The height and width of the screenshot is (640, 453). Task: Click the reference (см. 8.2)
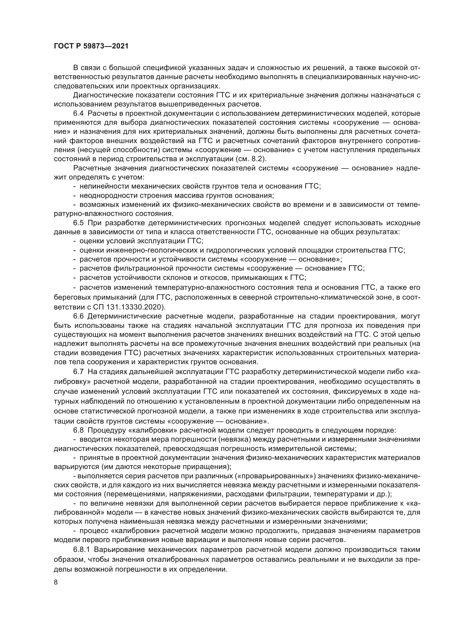(x=251, y=159)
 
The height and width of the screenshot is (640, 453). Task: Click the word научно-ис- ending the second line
(x=405, y=77)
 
